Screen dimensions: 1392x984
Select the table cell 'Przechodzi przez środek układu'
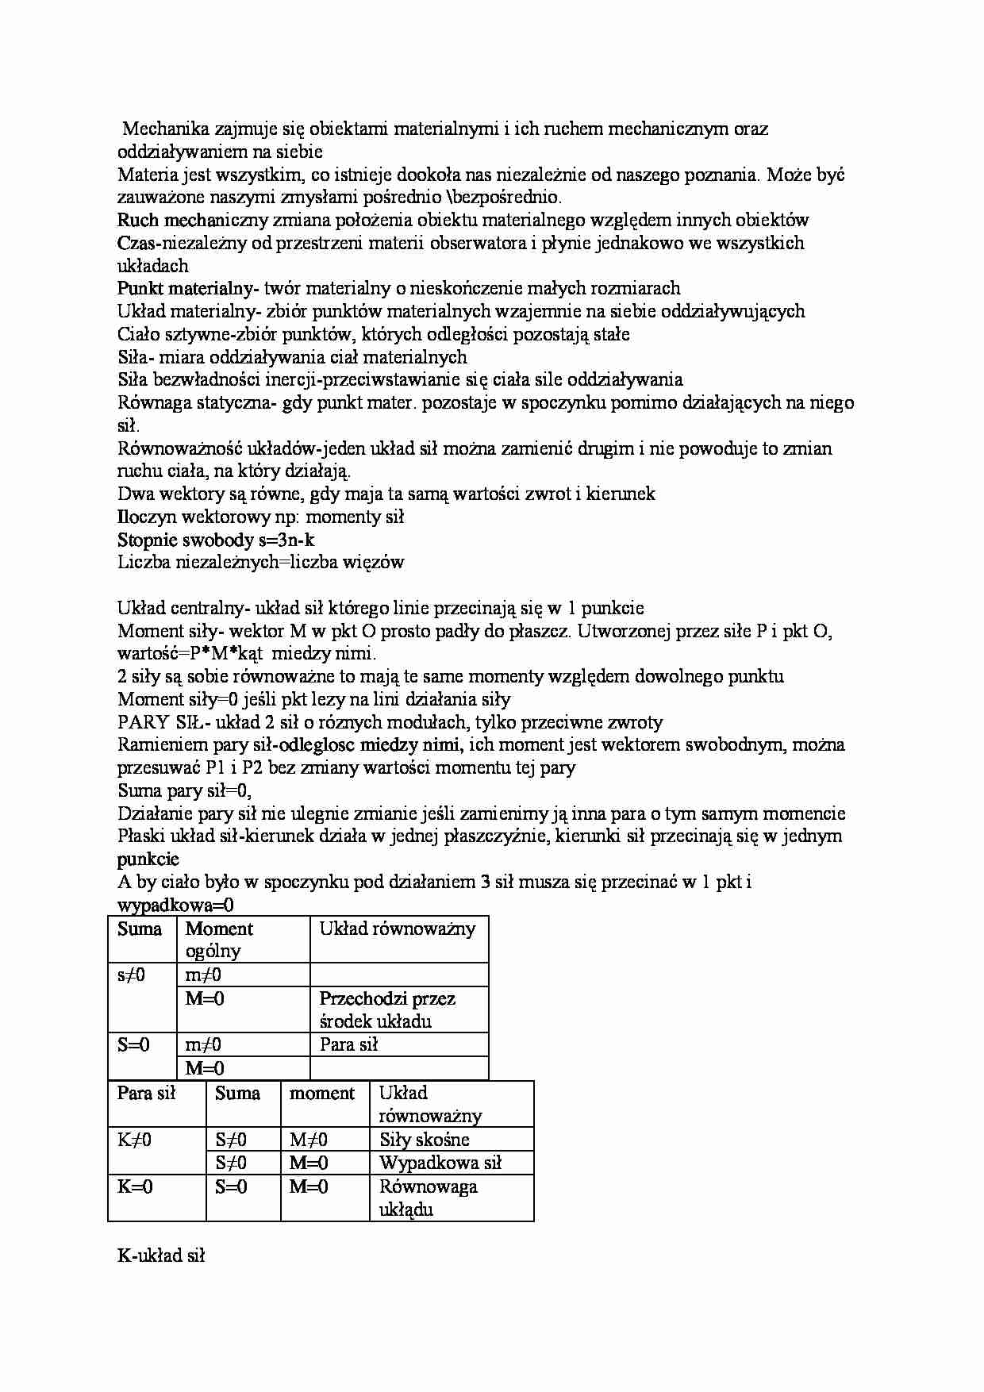(x=387, y=1009)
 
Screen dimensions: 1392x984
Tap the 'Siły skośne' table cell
(x=424, y=1140)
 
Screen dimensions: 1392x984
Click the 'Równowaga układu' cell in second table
(x=428, y=1198)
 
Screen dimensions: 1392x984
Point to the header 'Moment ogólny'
(x=219, y=940)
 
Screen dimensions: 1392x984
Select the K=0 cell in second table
(x=136, y=1186)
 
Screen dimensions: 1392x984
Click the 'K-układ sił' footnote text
(x=161, y=1256)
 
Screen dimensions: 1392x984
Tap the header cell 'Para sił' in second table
(x=146, y=1093)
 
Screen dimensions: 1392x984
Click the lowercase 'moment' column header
(x=321, y=1093)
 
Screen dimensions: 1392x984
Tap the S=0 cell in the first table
(x=133, y=1044)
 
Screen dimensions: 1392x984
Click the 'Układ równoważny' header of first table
(x=397, y=929)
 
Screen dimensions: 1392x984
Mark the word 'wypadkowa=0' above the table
(x=175, y=905)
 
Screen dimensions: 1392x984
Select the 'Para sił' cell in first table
(x=348, y=1044)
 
